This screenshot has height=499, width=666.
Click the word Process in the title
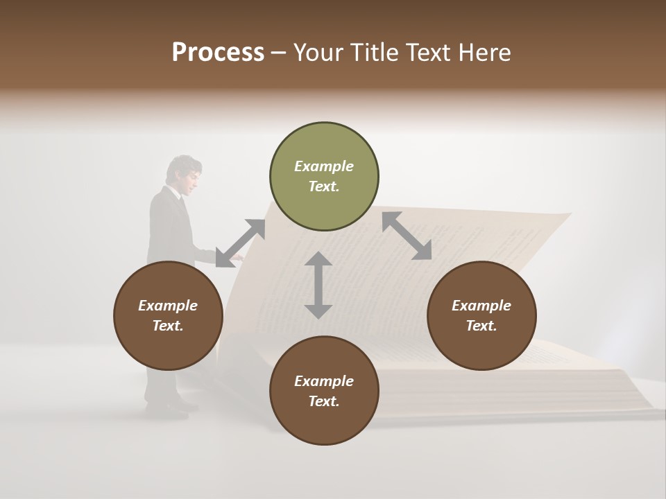(x=218, y=52)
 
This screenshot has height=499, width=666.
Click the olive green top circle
(x=324, y=177)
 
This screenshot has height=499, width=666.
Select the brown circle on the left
(x=168, y=315)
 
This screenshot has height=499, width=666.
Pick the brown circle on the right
(x=481, y=315)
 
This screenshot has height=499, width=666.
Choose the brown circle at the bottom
(x=324, y=391)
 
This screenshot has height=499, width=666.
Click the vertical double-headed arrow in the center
(x=318, y=285)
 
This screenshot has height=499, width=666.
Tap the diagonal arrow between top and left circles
(x=240, y=243)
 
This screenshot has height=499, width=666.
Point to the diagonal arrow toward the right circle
(x=407, y=236)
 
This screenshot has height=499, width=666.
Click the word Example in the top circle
(x=323, y=166)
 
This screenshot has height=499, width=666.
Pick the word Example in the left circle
(x=167, y=306)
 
